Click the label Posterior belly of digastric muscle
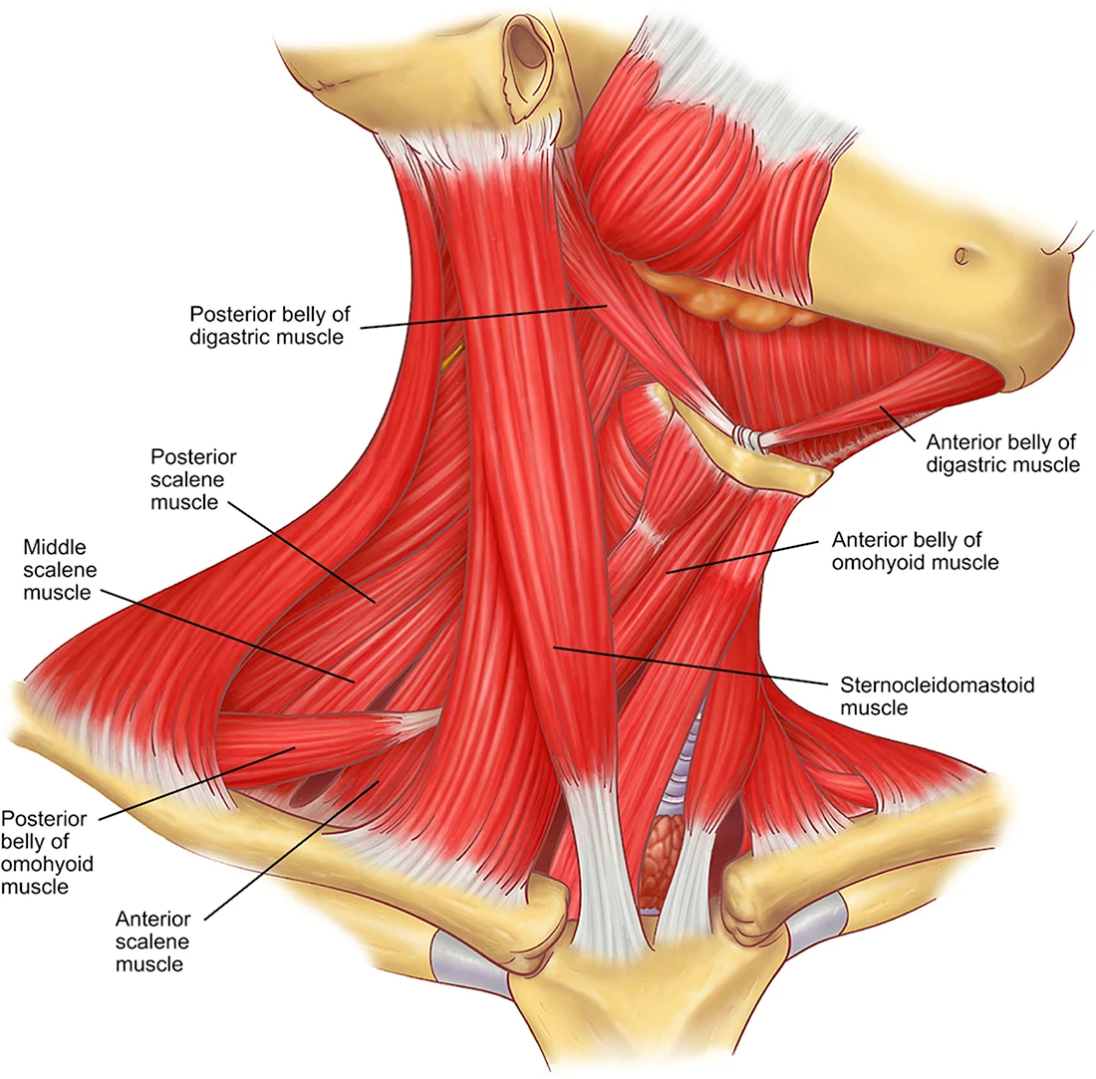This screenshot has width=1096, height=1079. [x=270, y=325]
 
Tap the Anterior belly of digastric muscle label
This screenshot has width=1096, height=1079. [x=1002, y=453]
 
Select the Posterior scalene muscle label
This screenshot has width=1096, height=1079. [x=193, y=479]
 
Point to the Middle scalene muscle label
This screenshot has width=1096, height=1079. [x=60, y=570]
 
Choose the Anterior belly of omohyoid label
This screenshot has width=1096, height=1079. [x=915, y=551]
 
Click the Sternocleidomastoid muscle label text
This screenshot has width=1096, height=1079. [x=937, y=696]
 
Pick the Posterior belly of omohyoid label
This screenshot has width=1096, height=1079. [x=46, y=852]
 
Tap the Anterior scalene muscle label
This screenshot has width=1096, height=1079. [x=152, y=942]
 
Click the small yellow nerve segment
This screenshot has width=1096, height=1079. [x=452, y=355]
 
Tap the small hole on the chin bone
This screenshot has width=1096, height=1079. [x=961, y=256]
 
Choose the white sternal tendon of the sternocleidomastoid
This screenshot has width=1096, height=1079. [x=600, y=867]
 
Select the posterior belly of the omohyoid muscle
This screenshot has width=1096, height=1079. [x=315, y=744]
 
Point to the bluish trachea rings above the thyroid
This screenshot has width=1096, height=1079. [x=683, y=769]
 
